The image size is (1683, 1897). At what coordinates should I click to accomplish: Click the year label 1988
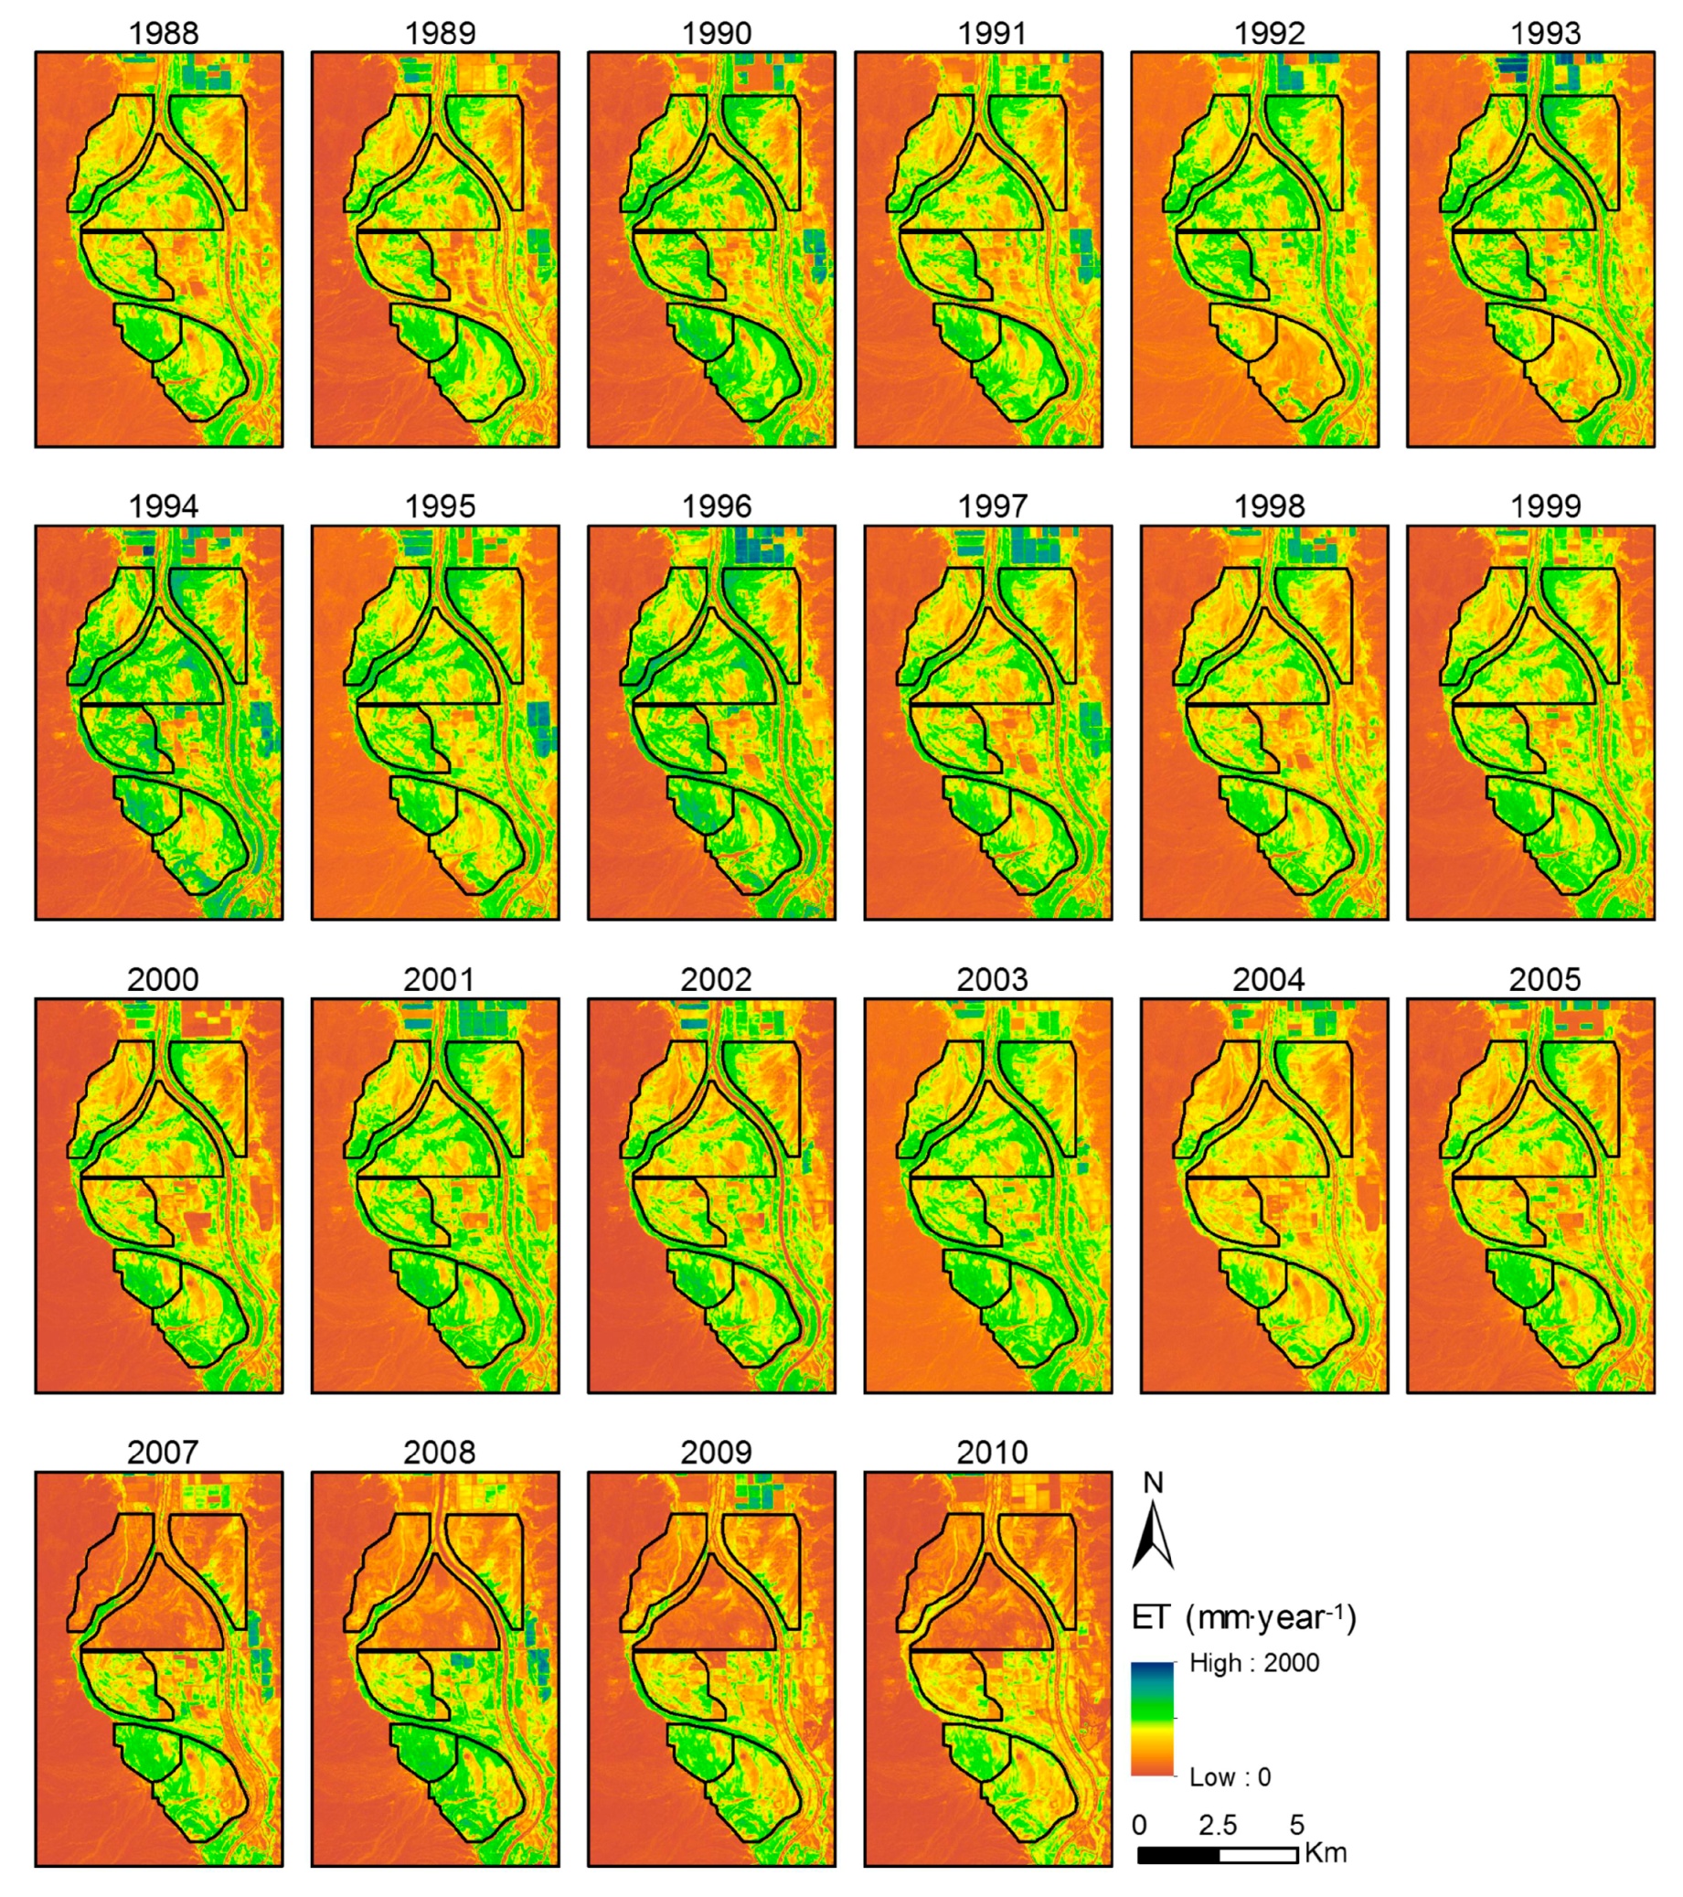164,34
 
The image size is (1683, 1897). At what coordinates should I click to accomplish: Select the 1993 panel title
1544,34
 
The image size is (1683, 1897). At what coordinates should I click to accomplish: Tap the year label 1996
716,506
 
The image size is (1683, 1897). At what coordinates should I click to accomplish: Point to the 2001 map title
438,979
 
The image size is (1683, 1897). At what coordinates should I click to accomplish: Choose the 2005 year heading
1544,979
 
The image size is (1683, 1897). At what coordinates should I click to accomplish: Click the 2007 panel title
163,1452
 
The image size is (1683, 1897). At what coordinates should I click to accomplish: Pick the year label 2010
991,1452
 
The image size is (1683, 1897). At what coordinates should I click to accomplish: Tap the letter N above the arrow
1153,1483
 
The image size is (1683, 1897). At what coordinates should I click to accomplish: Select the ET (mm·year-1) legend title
1244,1617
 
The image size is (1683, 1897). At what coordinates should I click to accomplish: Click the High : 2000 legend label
1253,1662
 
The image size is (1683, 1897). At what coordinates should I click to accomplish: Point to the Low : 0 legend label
1229,1776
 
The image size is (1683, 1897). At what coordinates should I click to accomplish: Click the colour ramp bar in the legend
1152,1718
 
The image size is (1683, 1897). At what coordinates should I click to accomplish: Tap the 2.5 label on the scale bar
1216,1825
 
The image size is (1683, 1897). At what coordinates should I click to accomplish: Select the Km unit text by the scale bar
1325,1852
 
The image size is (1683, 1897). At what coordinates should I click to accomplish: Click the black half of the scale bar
1178,1854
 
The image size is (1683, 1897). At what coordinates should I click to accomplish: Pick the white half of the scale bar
1258,1854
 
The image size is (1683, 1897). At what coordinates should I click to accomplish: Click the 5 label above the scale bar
1297,1825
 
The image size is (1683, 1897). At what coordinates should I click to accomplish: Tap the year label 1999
1544,506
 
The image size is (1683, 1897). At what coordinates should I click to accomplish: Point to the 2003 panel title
991,979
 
